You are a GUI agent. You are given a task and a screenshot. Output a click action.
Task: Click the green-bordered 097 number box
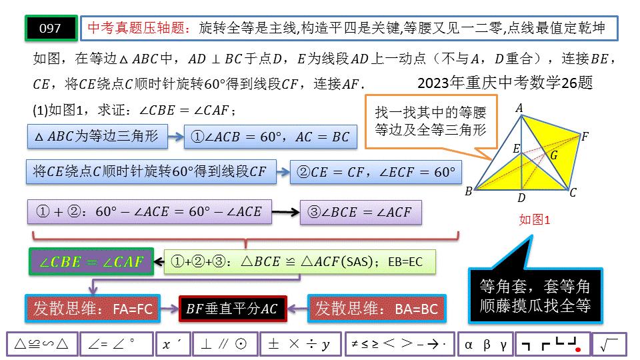click(x=51, y=28)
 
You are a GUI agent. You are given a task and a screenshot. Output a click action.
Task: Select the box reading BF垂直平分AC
click(x=232, y=309)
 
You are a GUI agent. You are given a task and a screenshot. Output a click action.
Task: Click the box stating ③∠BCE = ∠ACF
click(x=361, y=212)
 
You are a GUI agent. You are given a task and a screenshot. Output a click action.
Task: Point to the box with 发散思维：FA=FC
click(x=92, y=309)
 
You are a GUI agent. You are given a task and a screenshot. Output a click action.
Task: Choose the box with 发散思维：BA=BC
click(x=377, y=309)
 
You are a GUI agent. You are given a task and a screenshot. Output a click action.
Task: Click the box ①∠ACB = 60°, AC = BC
click(x=270, y=137)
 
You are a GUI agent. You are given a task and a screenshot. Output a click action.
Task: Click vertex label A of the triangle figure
click(x=519, y=108)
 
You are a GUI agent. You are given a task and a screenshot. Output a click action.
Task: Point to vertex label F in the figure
click(x=585, y=137)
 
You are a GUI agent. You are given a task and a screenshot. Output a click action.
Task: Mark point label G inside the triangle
click(x=554, y=155)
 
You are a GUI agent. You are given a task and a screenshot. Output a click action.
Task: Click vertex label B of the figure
click(x=469, y=192)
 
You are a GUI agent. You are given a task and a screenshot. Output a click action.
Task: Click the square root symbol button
click(x=609, y=344)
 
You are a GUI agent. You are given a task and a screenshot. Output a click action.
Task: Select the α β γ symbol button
click(x=485, y=344)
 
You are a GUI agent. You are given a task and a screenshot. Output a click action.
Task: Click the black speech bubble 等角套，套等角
click(x=535, y=296)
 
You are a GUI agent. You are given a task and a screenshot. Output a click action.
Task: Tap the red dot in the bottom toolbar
click(x=579, y=349)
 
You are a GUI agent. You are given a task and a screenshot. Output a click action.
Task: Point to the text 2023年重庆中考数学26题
click(x=505, y=84)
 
